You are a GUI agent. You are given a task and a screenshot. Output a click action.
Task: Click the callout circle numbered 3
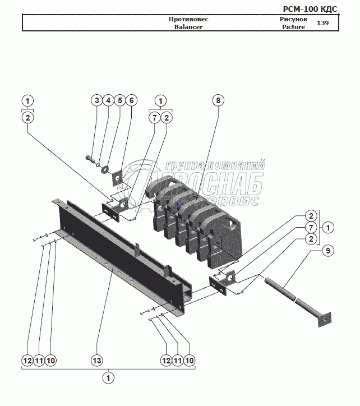coord(96,100)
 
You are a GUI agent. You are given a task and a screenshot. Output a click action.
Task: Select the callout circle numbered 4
coord(108,100)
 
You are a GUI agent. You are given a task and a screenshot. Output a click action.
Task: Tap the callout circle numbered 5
coord(119,100)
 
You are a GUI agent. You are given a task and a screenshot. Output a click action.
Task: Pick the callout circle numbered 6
coord(131,100)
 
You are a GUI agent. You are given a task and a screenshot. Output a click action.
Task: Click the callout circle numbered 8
coord(218,100)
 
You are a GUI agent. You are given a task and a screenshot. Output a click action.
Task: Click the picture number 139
coord(322,23)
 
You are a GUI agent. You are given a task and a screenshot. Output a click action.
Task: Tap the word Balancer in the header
coord(188,27)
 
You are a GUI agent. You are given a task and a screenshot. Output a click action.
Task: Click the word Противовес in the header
coord(188,19)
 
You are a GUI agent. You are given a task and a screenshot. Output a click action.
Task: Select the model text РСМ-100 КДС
coord(310,8)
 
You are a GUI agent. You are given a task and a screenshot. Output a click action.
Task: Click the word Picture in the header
coord(294,27)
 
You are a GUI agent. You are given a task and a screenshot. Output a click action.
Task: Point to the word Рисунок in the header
coord(294,19)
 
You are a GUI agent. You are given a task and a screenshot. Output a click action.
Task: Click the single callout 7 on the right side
coord(310,227)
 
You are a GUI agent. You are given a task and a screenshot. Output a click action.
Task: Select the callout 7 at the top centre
coord(155,118)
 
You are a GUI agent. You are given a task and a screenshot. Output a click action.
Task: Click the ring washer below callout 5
coord(105,168)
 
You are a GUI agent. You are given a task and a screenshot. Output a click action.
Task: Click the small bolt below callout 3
coord(90,158)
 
